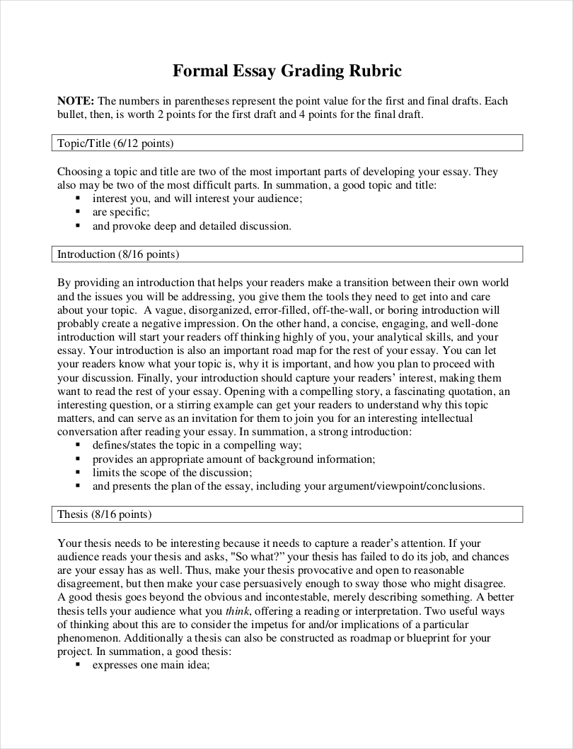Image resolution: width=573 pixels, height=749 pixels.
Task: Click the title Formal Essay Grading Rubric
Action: [287, 71]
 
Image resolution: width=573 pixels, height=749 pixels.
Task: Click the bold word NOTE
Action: [74, 101]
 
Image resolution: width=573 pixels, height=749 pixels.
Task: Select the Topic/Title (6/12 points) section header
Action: [115, 143]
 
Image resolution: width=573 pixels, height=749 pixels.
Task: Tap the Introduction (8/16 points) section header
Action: [117, 254]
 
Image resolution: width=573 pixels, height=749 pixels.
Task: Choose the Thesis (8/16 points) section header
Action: [104, 514]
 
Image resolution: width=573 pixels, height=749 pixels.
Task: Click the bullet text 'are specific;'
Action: [121, 212]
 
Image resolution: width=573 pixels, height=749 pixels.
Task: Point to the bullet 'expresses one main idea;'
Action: [151, 665]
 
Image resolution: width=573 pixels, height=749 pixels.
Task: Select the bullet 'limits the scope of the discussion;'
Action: [172, 472]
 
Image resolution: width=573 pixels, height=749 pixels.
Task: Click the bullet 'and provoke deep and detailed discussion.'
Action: [191, 226]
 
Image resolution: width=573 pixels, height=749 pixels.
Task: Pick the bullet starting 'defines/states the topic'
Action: [197, 444]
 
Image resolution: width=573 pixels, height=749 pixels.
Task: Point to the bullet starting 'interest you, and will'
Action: [197, 199]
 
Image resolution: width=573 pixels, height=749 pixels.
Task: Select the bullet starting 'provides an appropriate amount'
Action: [233, 459]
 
